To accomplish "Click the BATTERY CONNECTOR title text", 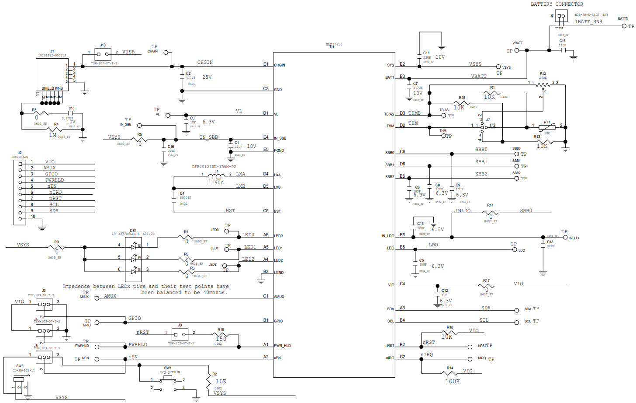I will point(556,4).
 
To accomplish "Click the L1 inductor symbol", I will point(217,175).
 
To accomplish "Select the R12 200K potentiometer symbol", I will point(543,84).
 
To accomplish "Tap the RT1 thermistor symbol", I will point(547,127).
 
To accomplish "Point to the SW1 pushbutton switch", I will point(168,377).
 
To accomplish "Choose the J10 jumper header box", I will point(103,54).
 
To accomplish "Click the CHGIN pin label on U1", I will point(280,65).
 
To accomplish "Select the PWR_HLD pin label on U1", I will point(282,346).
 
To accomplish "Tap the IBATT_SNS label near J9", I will point(588,21).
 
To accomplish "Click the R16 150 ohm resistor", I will point(221,335).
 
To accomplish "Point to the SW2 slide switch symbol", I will point(19,382).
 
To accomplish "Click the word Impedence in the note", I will point(76,287).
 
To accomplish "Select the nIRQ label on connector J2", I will point(55,193).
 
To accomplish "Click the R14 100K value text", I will point(452,382).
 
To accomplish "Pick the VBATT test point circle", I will point(517,50).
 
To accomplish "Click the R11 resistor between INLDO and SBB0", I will point(491,213).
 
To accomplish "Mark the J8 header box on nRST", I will point(180,335).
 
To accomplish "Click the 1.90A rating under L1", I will point(216,182).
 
